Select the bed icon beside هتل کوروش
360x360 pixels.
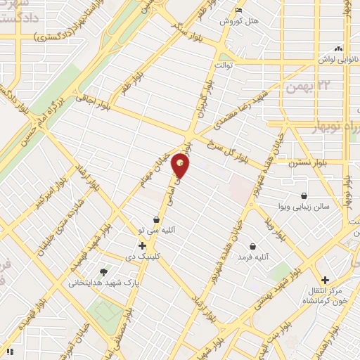(239, 10)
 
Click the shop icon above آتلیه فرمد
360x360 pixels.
(253, 247)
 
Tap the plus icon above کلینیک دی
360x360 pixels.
(142, 245)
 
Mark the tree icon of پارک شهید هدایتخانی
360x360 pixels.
(105, 271)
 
